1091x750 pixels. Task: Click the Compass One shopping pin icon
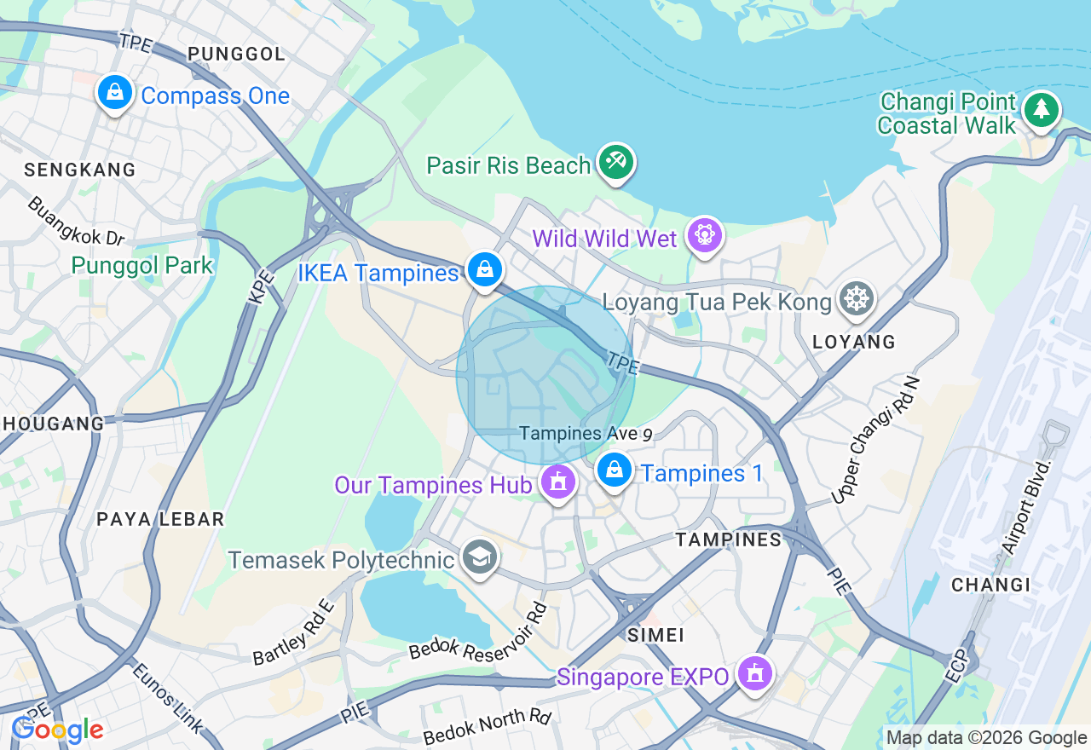pyautogui.click(x=114, y=92)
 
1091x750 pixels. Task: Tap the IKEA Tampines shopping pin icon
pyautogui.click(x=484, y=270)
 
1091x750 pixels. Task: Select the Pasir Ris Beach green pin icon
pyautogui.click(x=615, y=162)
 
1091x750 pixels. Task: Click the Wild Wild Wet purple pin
pyautogui.click(x=704, y=235)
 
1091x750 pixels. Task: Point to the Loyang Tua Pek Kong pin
pyautogui.click(x=857, y=299)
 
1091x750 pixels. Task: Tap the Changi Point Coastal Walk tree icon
pyautogui.click(x=1041, y=110)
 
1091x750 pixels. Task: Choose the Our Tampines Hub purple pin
pyautogui.click(x=558, y=482)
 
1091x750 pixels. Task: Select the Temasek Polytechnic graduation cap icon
pyautogui.click(x=480, y=558)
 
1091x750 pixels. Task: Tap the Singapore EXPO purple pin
pyautogui.click(x=753, y=674)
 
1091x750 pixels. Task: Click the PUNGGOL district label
pyautogui.click(x=236, y=55)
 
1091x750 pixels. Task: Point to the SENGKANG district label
pyautogui.click(x=80, y=170)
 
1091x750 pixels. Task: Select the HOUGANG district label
pyautogui.click(x=52, y=423)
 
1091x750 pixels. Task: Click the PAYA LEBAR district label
pyautogui.click(x=160, y=519)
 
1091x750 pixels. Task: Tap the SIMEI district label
pyautogui.click(x=655, y=635)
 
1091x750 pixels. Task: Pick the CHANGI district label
pyautogui.click(x=990, y=585)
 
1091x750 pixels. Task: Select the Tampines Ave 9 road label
pyautogui.click(x=586, y=434)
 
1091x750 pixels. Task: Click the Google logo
pyautogui.click(x=57, y=730)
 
